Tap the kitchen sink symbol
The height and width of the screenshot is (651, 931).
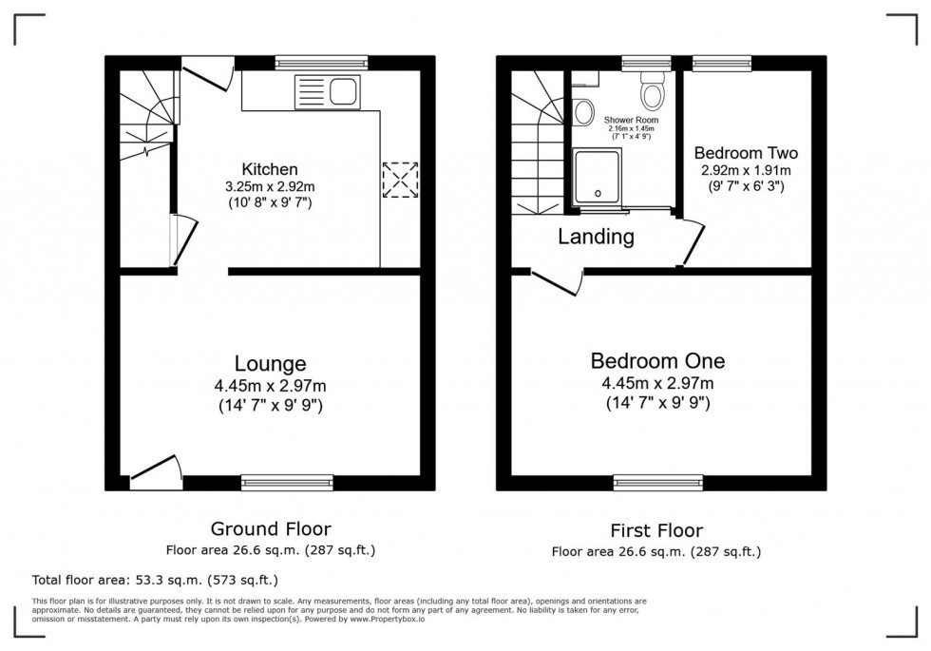pos(328,93)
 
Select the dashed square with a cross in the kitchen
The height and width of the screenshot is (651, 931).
pos(399,180)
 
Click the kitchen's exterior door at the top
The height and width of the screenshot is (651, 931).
pos(206,75)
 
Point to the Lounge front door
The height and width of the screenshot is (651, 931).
pos(155,472)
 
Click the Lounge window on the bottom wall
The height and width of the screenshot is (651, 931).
pos(286,484)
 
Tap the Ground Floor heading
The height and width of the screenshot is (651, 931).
pos(271,529)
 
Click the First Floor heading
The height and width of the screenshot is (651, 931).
pos(656,530)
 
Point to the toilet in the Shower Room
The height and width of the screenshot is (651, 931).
pos(652,91)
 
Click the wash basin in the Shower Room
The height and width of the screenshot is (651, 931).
pos(583,112)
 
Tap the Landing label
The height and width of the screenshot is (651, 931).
pos(596,237)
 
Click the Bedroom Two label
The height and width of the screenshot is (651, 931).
pos(746,153)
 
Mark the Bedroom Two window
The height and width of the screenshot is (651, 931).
pos(722,64)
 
